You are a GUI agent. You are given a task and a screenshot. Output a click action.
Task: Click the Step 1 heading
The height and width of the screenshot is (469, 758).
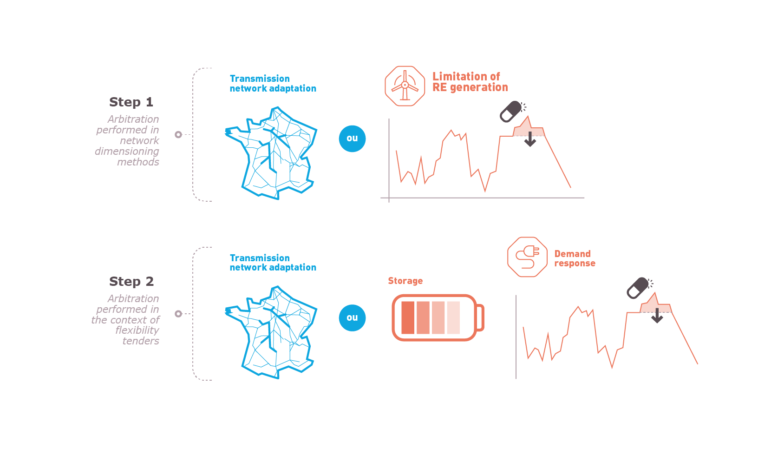131,102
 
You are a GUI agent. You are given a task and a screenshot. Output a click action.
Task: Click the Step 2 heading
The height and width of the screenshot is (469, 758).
131,281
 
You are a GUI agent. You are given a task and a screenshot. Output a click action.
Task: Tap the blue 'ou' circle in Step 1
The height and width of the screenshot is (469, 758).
352,139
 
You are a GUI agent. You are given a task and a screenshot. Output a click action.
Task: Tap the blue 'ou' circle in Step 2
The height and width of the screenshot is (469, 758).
352,317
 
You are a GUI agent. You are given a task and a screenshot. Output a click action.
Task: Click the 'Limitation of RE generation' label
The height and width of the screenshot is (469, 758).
470,82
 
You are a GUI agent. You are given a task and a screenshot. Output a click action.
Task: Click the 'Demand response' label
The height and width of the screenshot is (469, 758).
575,259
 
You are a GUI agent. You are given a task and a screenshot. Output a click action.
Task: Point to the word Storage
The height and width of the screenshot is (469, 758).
405,281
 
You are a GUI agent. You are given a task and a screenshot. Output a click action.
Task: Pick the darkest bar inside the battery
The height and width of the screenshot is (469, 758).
408,317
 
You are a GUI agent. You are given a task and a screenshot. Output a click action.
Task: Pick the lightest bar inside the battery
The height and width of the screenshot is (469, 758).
453,317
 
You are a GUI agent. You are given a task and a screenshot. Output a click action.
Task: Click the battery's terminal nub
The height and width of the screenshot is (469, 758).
480,317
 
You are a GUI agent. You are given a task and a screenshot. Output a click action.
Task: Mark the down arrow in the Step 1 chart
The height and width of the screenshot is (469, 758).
530,139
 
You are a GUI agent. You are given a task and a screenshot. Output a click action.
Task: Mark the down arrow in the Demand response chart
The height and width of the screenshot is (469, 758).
657,316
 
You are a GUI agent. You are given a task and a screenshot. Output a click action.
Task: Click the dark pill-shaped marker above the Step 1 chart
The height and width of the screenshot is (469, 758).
511,111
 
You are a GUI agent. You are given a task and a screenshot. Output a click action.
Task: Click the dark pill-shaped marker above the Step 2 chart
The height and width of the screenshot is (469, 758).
638,288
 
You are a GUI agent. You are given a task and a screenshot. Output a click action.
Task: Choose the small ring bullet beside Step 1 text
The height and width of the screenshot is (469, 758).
178,135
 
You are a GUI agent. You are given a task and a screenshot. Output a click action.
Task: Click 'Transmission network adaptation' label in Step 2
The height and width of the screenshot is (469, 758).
273,263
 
